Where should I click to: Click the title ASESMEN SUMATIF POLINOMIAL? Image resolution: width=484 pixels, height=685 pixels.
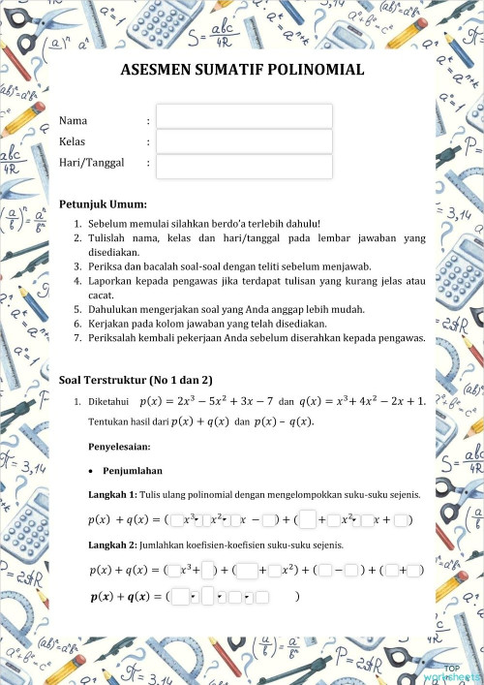[242, 70]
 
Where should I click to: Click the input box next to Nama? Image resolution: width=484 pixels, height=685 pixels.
[244, 117]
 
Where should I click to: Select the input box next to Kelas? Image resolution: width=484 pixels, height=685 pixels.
[244, 141]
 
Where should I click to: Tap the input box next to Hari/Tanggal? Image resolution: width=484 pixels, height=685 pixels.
[244, 166]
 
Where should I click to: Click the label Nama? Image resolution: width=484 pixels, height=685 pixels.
[74, 120]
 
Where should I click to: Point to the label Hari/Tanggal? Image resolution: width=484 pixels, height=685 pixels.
[92, 163]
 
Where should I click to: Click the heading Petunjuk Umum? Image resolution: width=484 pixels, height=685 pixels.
[103, 204]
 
